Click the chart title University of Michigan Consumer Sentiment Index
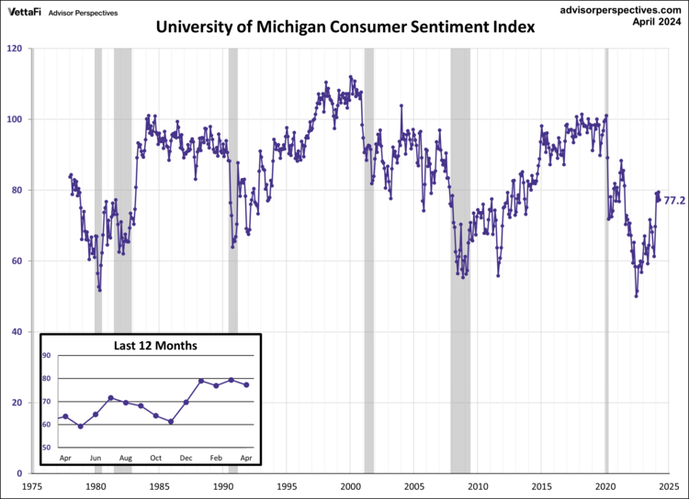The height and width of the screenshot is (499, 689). coord(344,27)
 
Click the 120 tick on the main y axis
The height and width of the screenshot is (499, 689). coord(16,48)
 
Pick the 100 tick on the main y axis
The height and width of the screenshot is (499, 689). coord(16,119)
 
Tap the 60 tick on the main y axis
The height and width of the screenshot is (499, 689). coord(18,261)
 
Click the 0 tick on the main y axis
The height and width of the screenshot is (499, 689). coord(22,473)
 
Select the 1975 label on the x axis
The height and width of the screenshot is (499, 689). coord(32,487)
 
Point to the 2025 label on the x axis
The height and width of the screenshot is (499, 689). coord(669,487)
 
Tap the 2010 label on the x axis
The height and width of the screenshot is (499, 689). coord(479,487)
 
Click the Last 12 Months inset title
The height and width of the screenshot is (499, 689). coord(155,346)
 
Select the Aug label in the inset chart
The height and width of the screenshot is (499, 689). coord(126,457)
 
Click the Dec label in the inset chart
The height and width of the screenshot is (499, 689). coord(186,457)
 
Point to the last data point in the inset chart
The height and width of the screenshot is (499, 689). coord(246,384)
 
